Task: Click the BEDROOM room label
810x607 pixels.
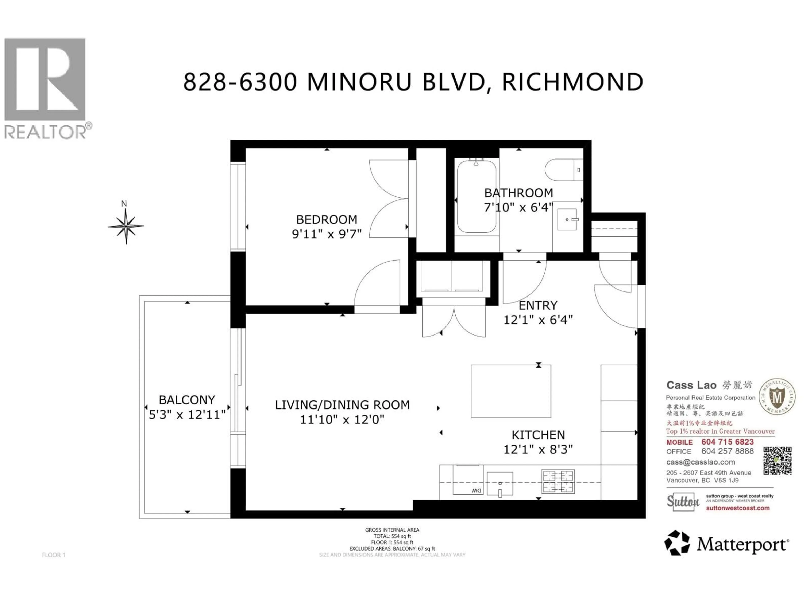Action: pos(326,220)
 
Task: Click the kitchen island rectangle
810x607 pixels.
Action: pos(511,391)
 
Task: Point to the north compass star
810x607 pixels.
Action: pos(126,226)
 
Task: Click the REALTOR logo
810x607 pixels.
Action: pos(45,88)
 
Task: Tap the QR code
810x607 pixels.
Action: pos(777,461)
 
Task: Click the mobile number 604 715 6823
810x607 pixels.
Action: pos(727,442)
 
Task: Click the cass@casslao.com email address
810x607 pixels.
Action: pos(701,462)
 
